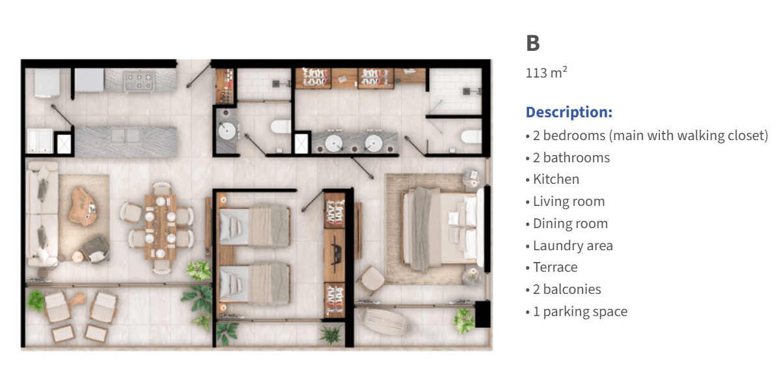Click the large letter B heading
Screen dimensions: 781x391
pos(533,43)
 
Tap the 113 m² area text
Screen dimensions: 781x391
pos(546,72)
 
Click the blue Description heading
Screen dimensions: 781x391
pos(569,112)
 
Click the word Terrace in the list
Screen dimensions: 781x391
pos(555,267)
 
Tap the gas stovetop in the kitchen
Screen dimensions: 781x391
pos(139,81)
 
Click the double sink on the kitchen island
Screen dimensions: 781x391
pos(126,136)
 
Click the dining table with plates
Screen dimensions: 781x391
pos(161,226)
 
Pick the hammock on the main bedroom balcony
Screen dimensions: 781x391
pos(385,321)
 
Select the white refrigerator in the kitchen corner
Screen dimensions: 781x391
pos(47,83)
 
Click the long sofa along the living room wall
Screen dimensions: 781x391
pos(42,214)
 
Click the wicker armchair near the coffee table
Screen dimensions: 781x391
pos(96,250)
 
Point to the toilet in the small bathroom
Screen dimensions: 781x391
pos(281,126)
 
